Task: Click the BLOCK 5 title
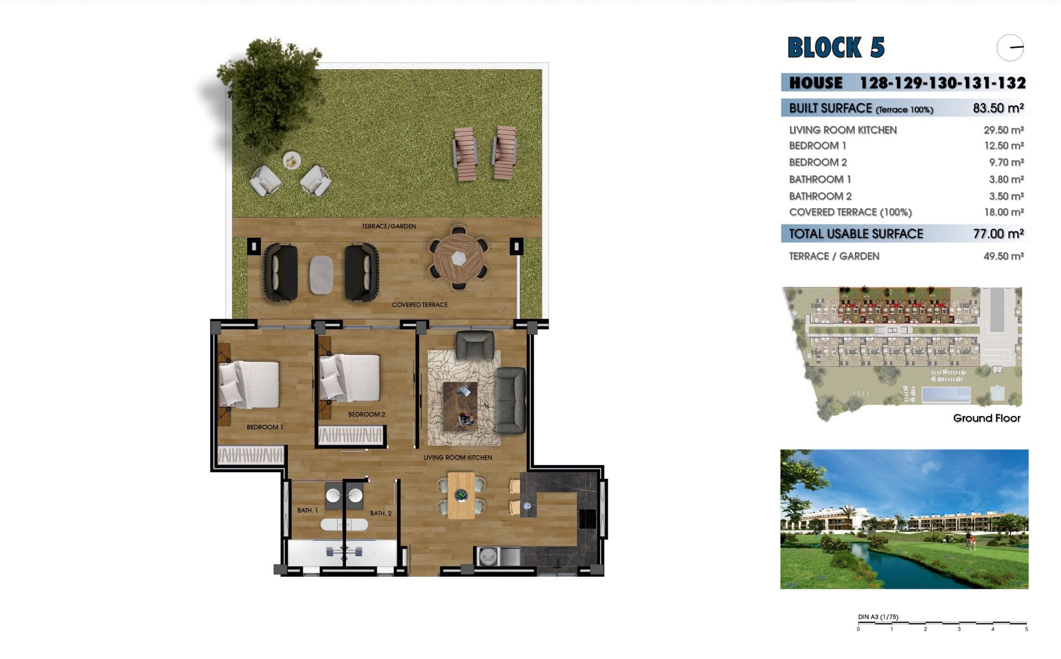(x=836, y=48)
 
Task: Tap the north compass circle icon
(x=1010, y=48)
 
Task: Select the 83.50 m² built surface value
(x=998, y=108)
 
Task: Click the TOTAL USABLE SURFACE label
(x=856, y=234)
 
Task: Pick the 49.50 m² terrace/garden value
(x=1004, y=256)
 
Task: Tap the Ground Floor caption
(x=986, y=418)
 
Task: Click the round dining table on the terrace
(x=458, y=258)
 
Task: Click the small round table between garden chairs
(x=292, y=161)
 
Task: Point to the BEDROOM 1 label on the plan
(x=265, y=427)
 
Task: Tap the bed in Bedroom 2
(x=350, y=378)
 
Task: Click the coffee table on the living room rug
(x=460, y=406)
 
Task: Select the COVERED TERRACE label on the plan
(x=419, y=305)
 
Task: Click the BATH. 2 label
(x=381, y=513)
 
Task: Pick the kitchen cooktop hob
(x=587, y=519)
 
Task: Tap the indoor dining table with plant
(x=461, y=495)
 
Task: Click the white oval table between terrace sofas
(x=321, y=275)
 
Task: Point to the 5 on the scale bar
(x=1026, y=629)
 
